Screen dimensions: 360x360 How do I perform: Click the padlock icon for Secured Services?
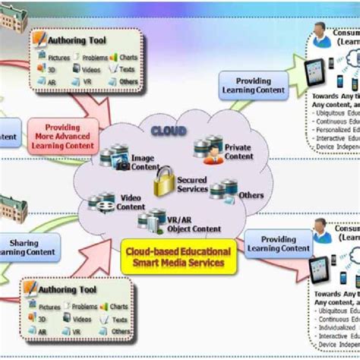[x=165, y=183]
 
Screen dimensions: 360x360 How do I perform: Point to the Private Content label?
[x=239, y=152]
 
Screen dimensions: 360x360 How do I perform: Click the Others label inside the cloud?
[x=251, y=195]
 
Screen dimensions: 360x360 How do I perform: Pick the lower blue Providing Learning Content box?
[x=277, y=242]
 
